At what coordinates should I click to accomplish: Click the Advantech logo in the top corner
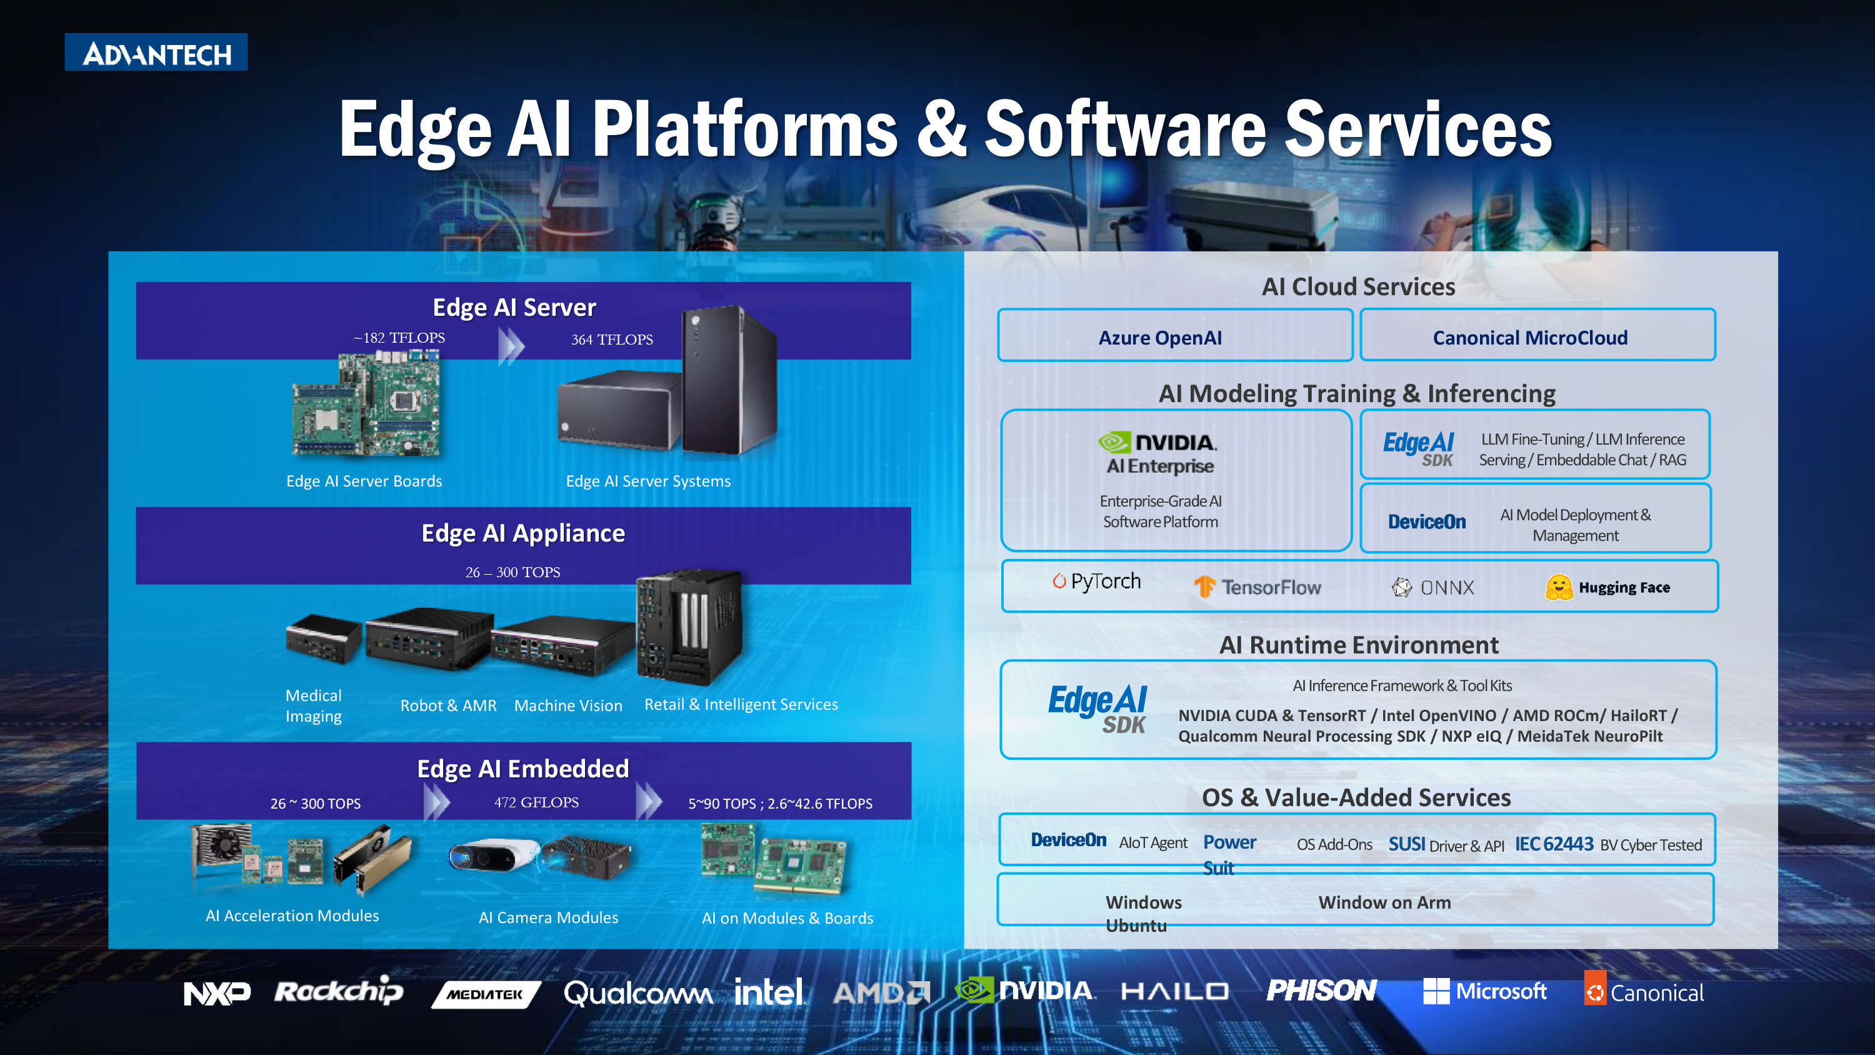click(156, 53)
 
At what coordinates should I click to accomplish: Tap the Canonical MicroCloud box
click(1537, 335)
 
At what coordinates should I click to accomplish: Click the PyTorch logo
click(1096, 581)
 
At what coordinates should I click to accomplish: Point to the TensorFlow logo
click(1257, 587)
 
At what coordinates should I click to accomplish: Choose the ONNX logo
click(1432, 587)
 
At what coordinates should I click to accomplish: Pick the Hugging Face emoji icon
click(1558, 587)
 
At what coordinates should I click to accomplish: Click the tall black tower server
click(729, 380)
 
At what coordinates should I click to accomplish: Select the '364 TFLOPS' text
click(611, 340)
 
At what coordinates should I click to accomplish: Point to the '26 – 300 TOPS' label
click(512, 572)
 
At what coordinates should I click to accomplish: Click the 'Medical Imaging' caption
click(313, 705)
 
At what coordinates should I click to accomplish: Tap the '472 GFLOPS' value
click(536, 802)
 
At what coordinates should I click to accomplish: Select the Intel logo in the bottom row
click(769, 991)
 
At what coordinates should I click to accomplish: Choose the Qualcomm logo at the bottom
click(637, 993)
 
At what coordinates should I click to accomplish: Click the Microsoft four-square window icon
click(1436, 991)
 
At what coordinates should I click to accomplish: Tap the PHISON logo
click(1321, 990)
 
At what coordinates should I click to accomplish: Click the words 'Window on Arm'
click(1384, 902)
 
